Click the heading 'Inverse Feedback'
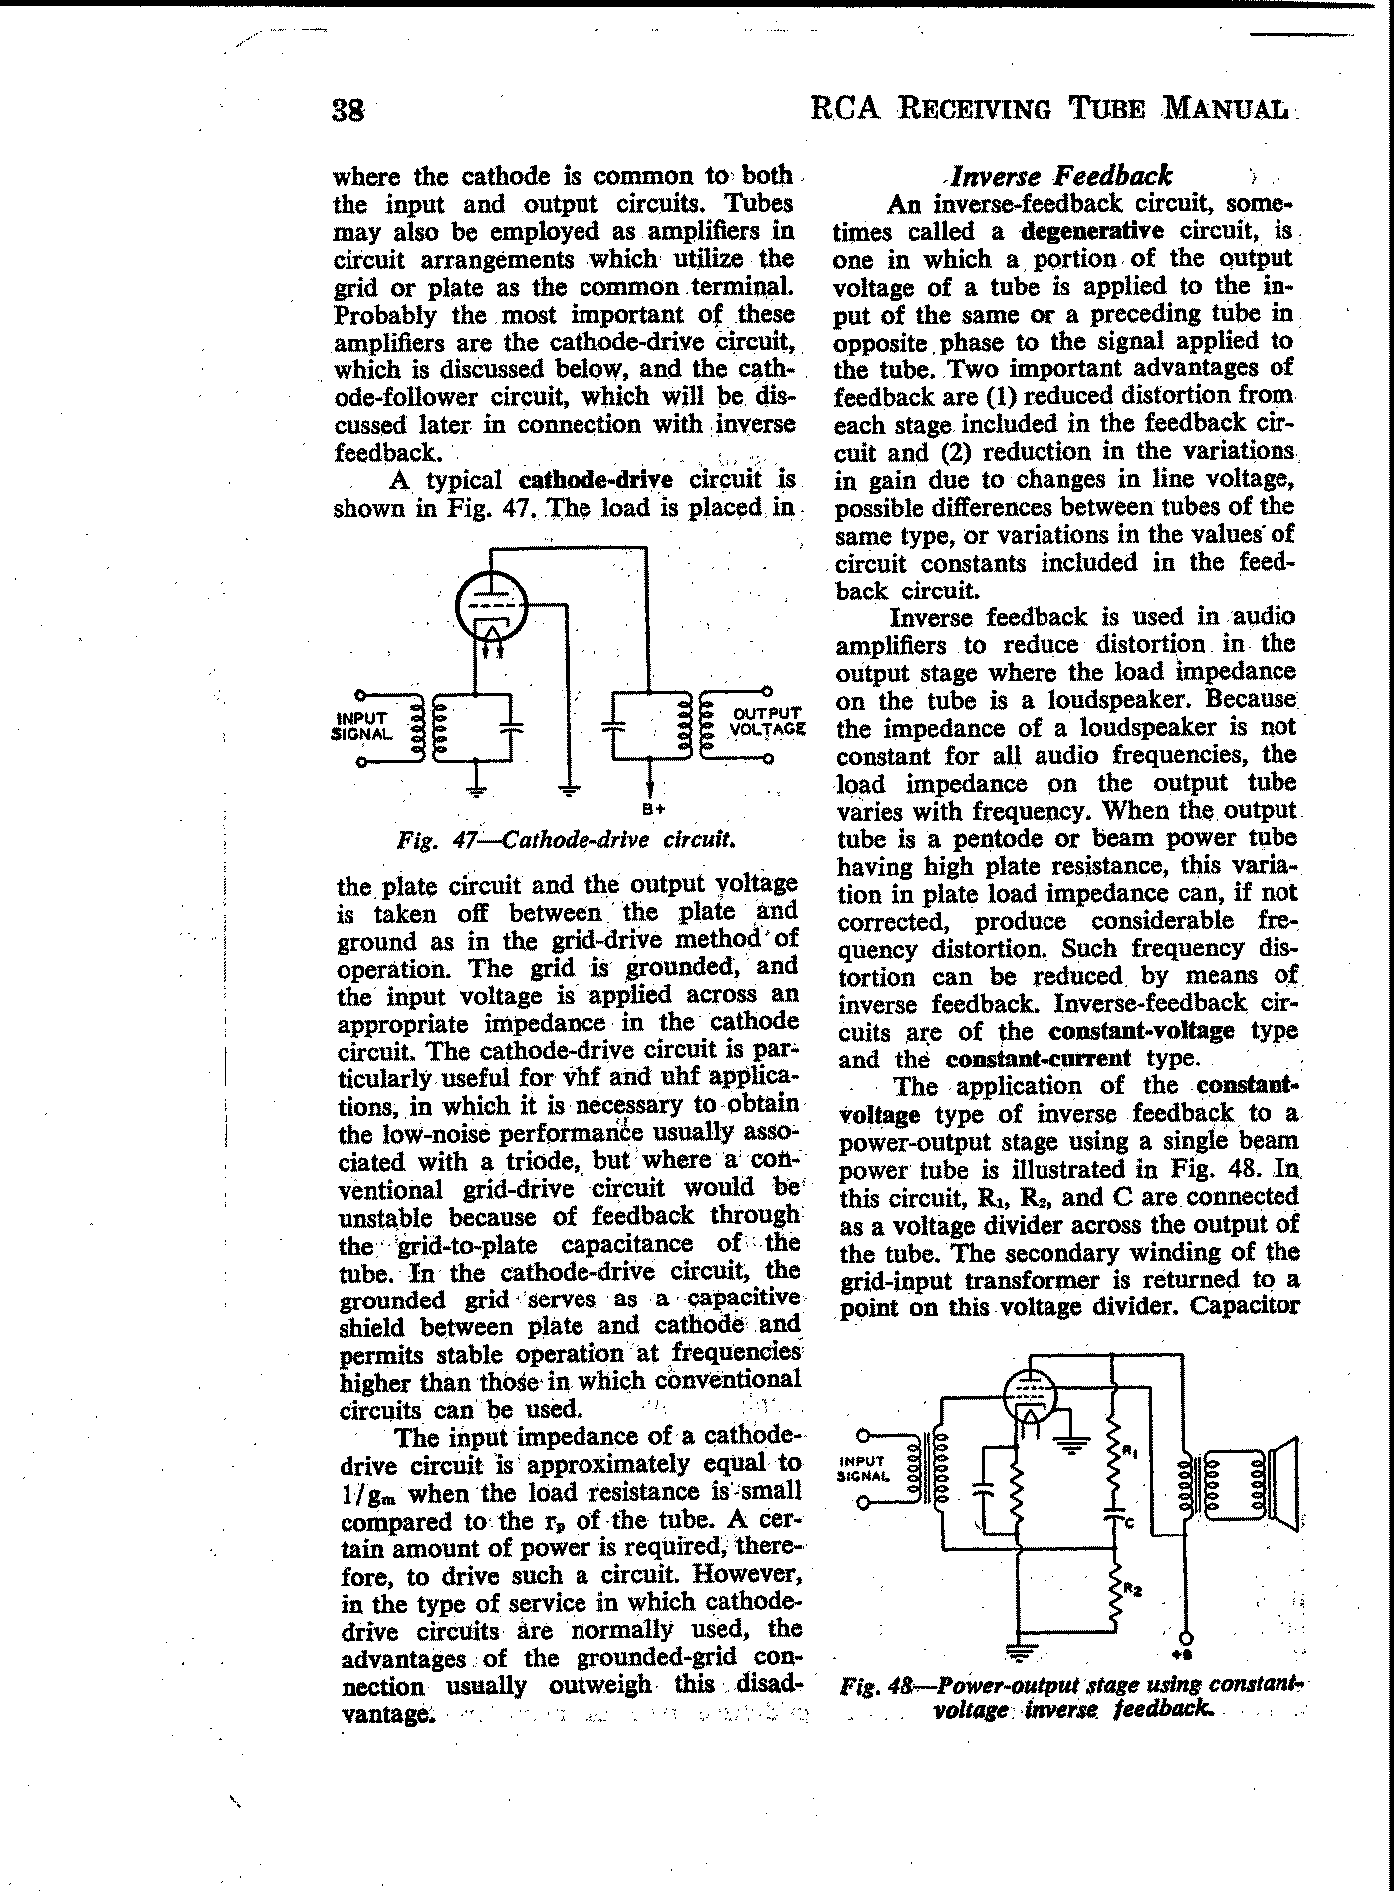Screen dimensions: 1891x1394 [x=1061, y=176]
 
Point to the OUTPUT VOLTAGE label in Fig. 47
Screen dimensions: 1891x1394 [x=766, y=720]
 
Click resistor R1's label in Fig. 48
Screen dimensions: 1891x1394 [x=1129, y=1453]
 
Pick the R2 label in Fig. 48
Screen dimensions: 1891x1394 [x=1132, y=1589]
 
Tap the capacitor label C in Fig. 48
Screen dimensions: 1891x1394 [x=1129, y=1523]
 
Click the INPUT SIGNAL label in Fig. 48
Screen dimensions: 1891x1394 [x=861, y=1469]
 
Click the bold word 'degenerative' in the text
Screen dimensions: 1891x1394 [x=1091, y=231]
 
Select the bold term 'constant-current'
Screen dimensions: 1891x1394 [x=1039, y=1058]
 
